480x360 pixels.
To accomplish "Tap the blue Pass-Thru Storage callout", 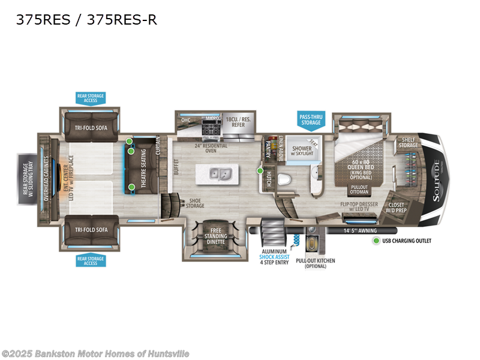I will pyautogui.click(x=311, y=119).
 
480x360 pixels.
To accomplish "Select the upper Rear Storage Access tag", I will pyautogui.click(x=90, y=98).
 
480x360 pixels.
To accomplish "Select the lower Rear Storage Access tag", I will pyautogui.click(x=90, y=260).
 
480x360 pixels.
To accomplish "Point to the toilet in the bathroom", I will pyautogui.click(x=287, y=178).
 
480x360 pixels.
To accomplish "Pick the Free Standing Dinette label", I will pyautogui.click(x=215, y=236).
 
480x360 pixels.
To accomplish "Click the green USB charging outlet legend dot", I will pyautogui.click(x=376, y=241).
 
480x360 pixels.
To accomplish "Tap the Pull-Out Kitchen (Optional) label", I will pyautogui.click(x=315, y=264).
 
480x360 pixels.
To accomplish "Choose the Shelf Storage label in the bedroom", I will pyautogui.click(x=409, y=142).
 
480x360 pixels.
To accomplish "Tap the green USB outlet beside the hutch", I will pyautogui.click(x=260, y=171).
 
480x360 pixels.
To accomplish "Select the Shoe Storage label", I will pyautogui.click(x=194, y=203).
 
